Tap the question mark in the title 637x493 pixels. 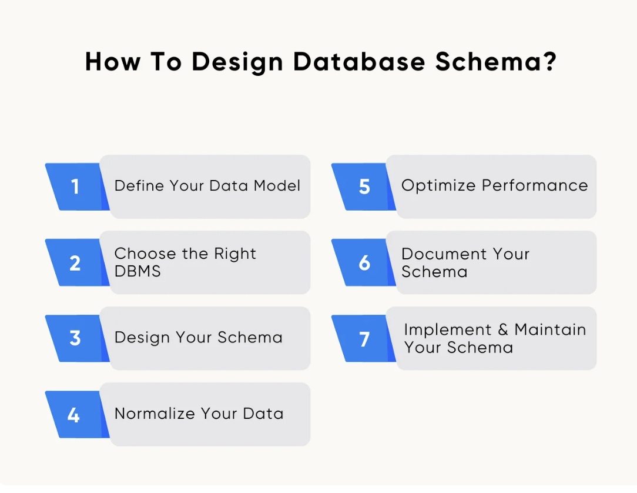click(x=551, y=61)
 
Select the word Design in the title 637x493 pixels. click(x=237, y=62)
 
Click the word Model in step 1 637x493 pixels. click(x=277, y=185)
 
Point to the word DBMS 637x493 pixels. click(x=138, y=271)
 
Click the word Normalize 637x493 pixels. click(x=155, y=413)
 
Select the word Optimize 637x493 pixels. click(x=438, y=186)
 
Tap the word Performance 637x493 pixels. click(x=535, y=185)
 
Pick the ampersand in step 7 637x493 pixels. click(x=503, y=329)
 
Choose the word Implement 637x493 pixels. click(x=448, y=330)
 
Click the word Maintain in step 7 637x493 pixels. click(x=550, y=329)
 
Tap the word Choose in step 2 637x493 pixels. click(x=145, y=254)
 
